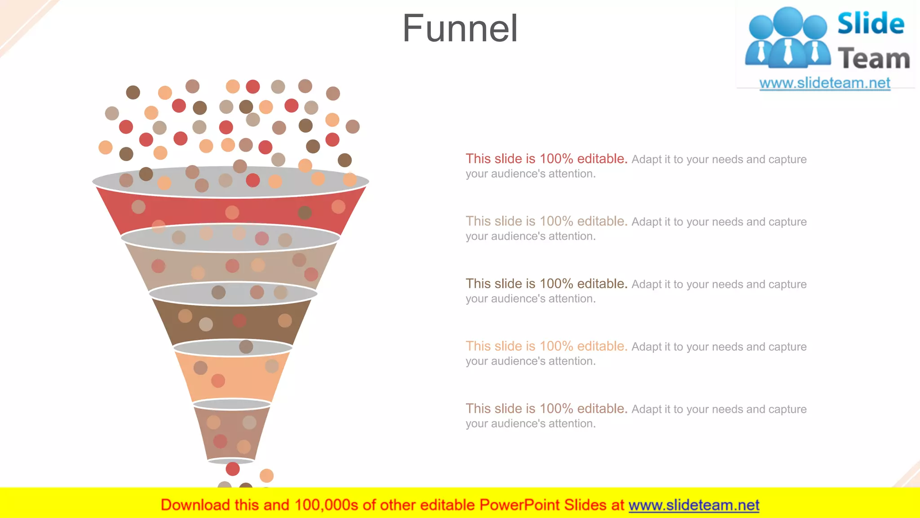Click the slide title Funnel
[460, 29]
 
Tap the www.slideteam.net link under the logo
[825, 83]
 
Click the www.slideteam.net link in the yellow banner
[694, 505]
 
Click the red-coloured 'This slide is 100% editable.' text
[546, 159]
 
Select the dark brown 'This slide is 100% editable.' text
[546, 284]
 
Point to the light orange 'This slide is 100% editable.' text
[546, 346]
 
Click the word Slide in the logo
[871, 23]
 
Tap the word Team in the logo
[874, 59]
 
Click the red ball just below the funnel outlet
[233, 469]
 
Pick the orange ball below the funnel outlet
[266, 475]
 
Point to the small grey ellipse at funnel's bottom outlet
[231, 461]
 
